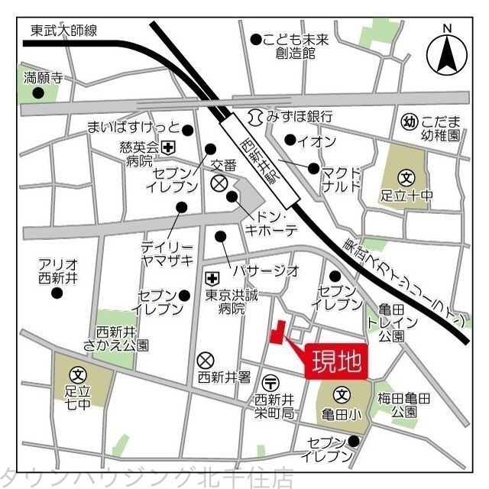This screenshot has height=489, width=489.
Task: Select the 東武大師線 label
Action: (x=64, y=31)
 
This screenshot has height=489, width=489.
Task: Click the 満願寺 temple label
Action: (x=43, y=77)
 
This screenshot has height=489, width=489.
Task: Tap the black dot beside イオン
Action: (x=290, y=140)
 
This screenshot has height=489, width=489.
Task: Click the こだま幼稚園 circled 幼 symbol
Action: (x=409, y=121)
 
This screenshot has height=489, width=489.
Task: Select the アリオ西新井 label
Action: (x=58, y=271)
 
